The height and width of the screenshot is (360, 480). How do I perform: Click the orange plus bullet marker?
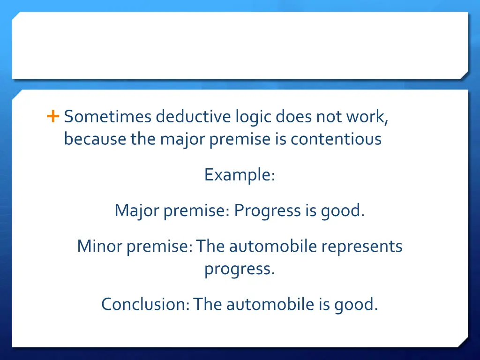[x=53, y=116]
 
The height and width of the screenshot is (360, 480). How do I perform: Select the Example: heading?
[x=240, y=175]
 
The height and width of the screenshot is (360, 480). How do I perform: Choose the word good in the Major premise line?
[x=342, y=211]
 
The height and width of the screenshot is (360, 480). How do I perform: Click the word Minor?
[x=99, y=246]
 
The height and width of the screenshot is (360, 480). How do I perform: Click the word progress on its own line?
[x=240, y=270]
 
